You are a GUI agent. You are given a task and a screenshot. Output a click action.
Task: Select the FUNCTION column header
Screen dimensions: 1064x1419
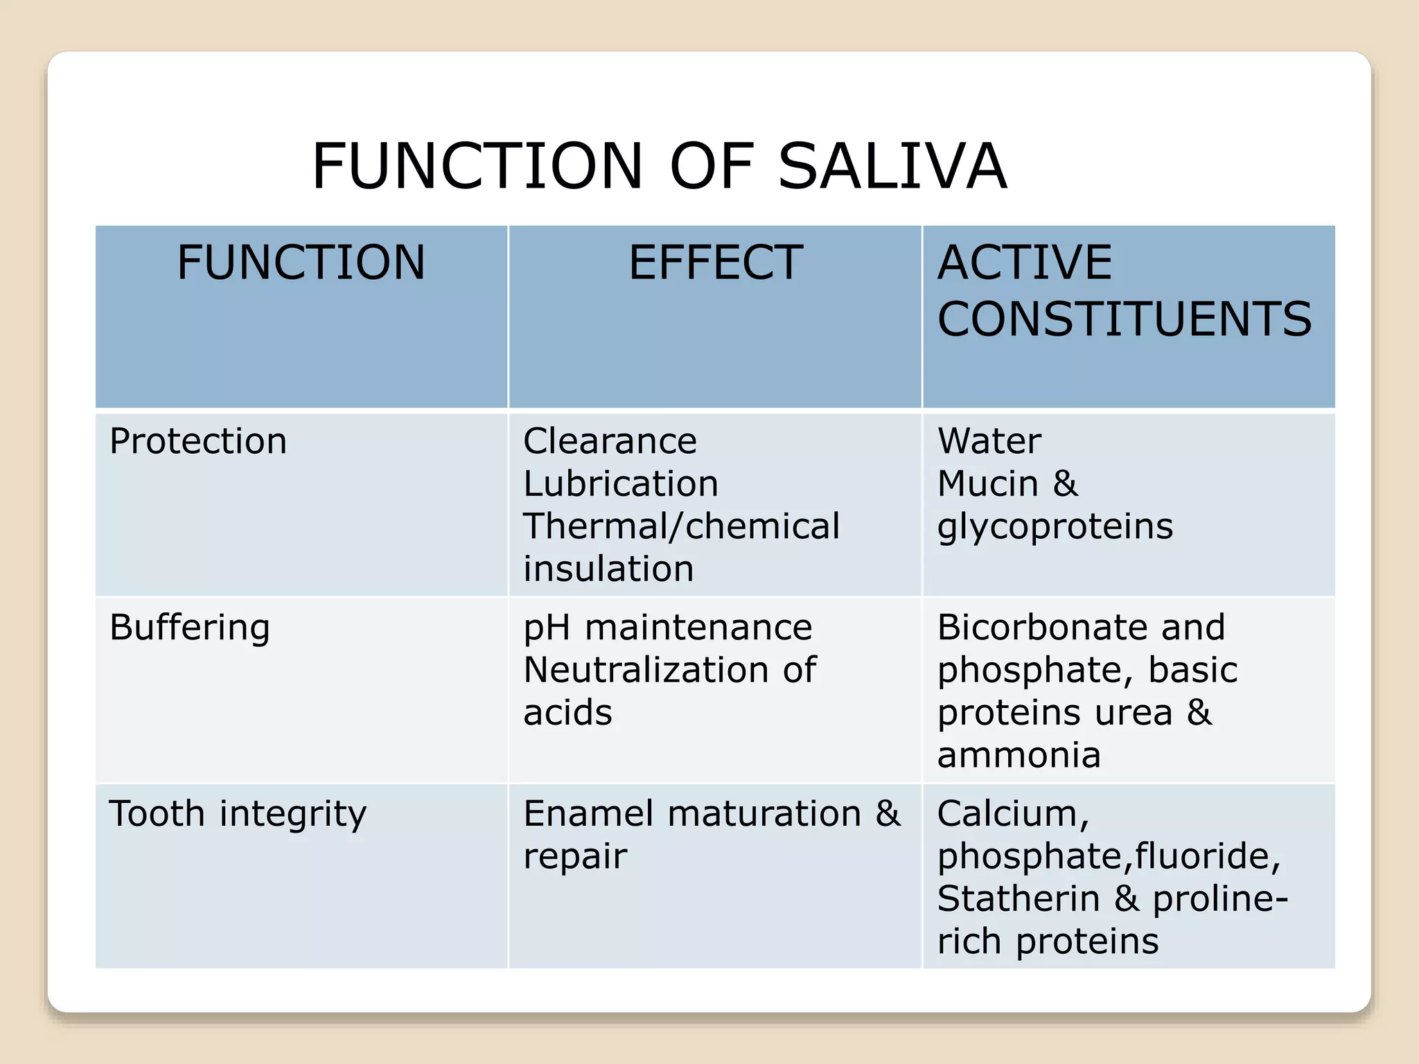coord(301,263)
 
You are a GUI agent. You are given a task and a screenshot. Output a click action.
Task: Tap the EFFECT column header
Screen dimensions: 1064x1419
coord(715,263)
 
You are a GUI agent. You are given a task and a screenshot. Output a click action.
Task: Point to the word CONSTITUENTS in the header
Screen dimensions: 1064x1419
coord(1124,319)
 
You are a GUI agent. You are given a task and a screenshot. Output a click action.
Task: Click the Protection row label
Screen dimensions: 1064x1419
coord(198,441)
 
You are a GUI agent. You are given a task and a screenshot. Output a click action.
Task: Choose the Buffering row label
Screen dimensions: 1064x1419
coord(190,628)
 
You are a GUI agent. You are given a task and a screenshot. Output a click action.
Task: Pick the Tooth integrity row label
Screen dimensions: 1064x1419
coord(238,814)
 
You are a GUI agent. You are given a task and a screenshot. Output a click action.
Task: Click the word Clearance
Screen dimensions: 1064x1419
coord(610,441)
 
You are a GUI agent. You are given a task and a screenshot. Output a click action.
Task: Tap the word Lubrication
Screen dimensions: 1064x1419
coord(621,484)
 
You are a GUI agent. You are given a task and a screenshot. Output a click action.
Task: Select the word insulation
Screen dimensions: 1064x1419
coord(608,569)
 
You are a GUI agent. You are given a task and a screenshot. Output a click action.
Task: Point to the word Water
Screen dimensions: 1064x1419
coord(989,441)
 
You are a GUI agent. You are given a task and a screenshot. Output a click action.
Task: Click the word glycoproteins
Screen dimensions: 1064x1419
coord(1055,527)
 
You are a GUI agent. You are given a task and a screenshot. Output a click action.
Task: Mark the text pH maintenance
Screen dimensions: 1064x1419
coord(667,628)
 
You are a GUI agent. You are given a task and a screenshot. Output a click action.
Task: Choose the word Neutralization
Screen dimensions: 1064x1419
coord(646,670)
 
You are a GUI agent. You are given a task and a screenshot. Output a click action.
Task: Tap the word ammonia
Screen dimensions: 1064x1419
coord(1019,755)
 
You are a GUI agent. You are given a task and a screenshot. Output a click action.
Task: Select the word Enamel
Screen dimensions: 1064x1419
coord(588,813)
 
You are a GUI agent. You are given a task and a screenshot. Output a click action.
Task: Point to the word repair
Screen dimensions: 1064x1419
coord(575,857)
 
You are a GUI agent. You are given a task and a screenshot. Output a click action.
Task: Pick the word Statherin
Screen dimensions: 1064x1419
coord(1019,898)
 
